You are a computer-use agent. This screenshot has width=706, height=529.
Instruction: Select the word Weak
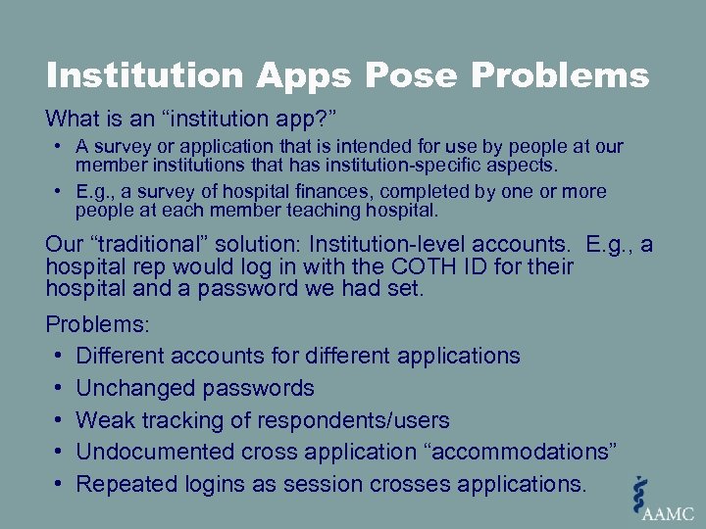[103, 421]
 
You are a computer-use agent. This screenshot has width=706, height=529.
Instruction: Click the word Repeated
[126, 484]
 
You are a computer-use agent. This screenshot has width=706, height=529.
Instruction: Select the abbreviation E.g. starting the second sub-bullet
[93, 192]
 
